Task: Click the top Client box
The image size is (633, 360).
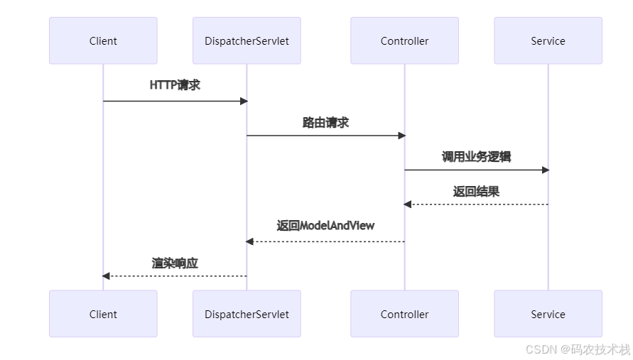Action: [x=103, y=41]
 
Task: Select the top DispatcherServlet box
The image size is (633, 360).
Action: [x=247, y=41]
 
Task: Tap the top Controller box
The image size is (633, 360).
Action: [x=404, y=41]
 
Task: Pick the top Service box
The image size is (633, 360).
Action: [x=548, y=41]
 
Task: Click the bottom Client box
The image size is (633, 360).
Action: [x=103, y=314]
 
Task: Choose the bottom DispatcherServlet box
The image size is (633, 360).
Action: [x=247, y=314]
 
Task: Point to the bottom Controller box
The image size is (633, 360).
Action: [x=404, y=314]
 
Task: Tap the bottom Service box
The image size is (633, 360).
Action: [x=548, y=314]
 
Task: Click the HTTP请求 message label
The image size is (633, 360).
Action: [x=175, y=85]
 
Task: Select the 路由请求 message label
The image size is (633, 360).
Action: [x=325, y=123]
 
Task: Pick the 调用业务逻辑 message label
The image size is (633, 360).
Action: [x=476, y=157]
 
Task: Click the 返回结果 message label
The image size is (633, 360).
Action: [x=476, y=192]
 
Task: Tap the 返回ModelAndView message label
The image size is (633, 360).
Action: [x=325, y=226]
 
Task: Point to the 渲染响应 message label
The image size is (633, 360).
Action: [x=175, y=263]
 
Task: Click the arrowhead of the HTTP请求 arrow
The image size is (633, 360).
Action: [x=244, y=101]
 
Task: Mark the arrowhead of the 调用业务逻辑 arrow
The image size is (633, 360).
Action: [x=545, y=170]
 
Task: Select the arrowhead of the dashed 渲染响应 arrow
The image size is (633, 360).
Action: [x=107, y=276]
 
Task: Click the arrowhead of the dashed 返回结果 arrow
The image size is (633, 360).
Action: [x=408, y=204]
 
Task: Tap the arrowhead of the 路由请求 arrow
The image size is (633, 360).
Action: [x=401, y=136]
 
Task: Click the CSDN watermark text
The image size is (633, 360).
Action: [x=578, y=349]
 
